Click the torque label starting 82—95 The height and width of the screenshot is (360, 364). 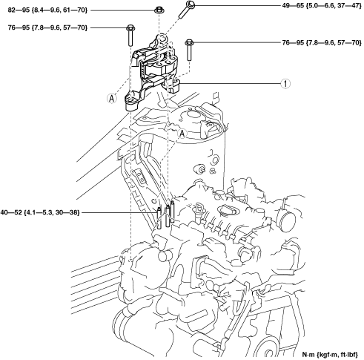(47, 10)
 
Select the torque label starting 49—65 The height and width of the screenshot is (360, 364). (322, 5)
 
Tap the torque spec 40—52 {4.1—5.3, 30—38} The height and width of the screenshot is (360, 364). (40, 212)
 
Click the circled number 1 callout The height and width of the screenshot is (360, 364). (285, 84)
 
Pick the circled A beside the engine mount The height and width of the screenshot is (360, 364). (112, 98)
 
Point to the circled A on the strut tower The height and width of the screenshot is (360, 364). (182, 134)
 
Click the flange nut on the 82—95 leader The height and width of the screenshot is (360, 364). (159, 10)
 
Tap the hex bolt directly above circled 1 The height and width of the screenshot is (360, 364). (189, 50)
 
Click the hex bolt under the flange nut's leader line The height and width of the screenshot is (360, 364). (130, 36)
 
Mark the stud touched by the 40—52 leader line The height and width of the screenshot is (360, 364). (159, 217)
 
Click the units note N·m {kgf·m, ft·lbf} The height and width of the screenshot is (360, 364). (330, 355)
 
